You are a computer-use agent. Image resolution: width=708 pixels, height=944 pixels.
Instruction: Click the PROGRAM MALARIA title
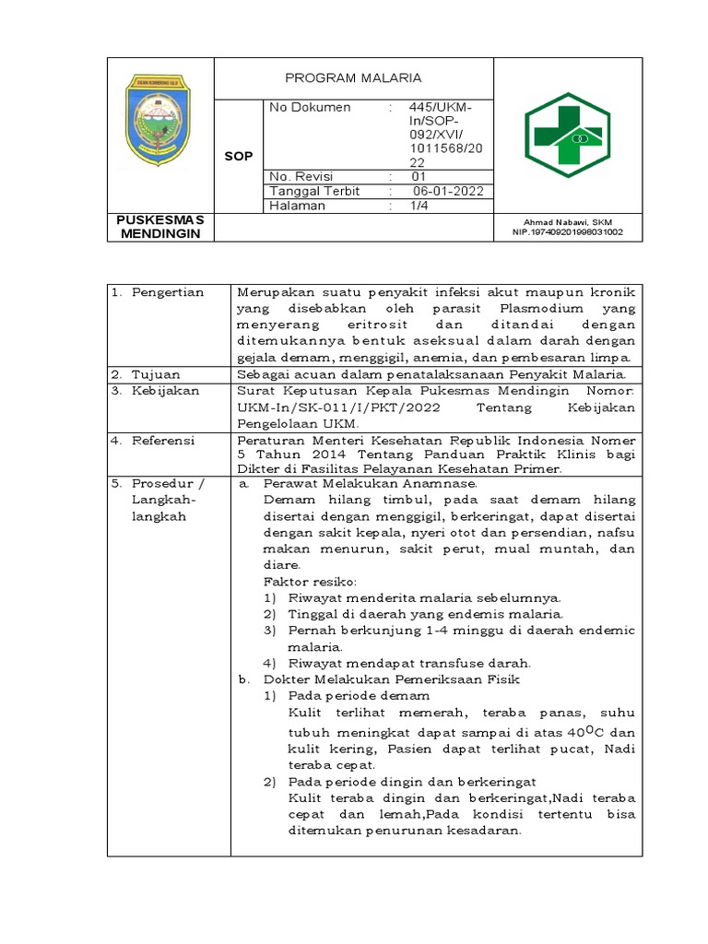click(353, 78)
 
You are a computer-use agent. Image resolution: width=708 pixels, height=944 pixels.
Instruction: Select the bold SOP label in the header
click(239, 157)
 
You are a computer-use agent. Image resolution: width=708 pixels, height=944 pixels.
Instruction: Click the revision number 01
click(419, 177)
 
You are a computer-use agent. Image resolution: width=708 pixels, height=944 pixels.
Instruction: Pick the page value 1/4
click(419, 206)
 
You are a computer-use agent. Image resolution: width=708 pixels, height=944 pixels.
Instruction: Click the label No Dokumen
click(310, 108)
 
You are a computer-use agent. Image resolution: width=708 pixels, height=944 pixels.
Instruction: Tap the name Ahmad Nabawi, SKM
click(568, 222)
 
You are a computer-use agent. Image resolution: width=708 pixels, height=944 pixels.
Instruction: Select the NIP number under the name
click(568, 232)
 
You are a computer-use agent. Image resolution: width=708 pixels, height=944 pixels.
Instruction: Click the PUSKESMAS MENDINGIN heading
click(160, 227)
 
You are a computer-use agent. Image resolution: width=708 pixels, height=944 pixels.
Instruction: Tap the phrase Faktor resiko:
click(309, 582)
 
